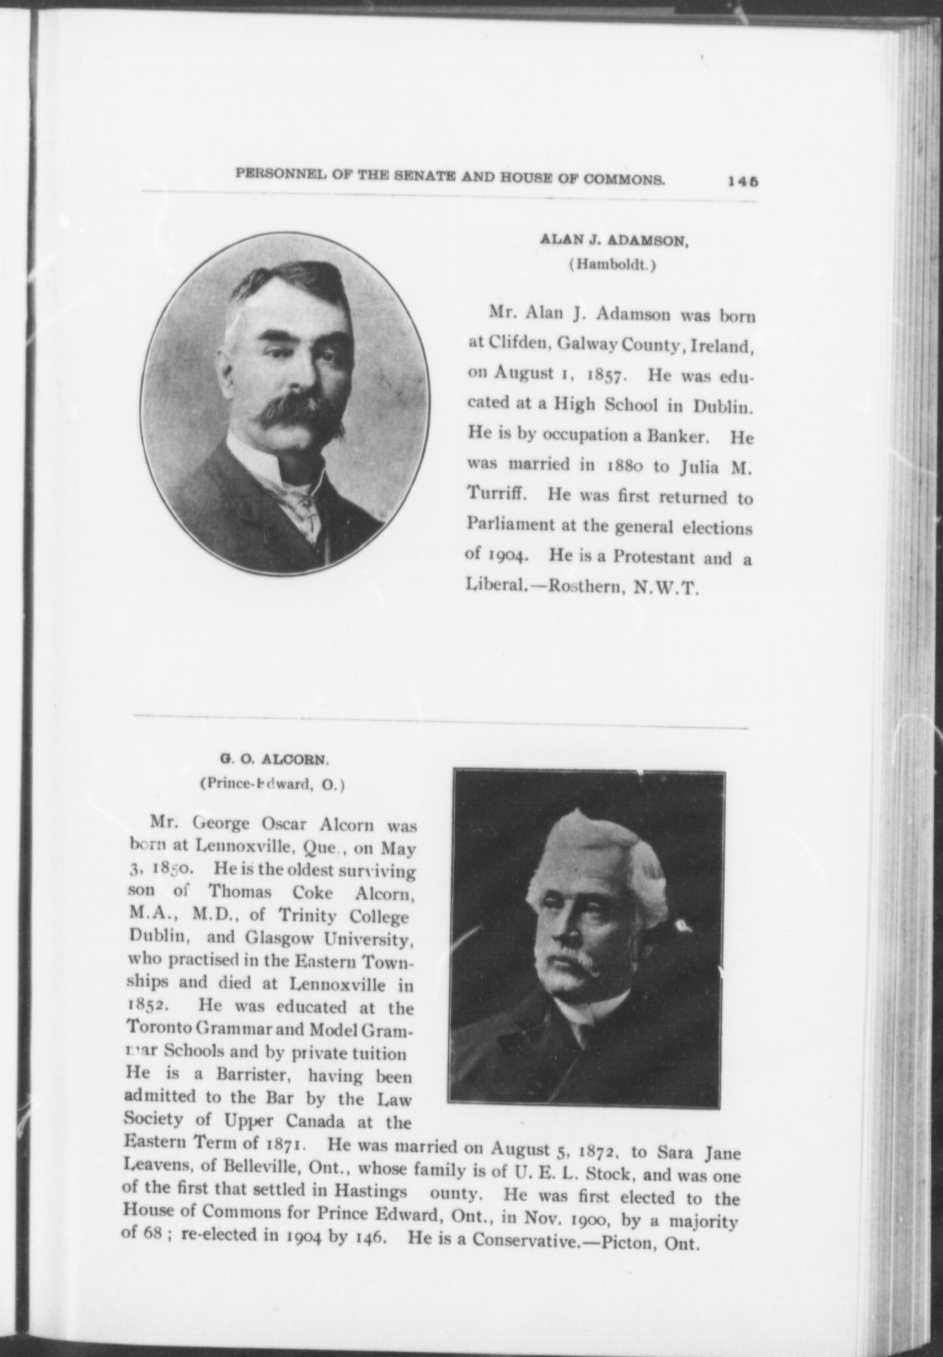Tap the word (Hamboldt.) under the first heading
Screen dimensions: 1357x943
pyautogui.click(x=612, y=265)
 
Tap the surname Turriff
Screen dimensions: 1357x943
pyautogui.click(x=498, y=497)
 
